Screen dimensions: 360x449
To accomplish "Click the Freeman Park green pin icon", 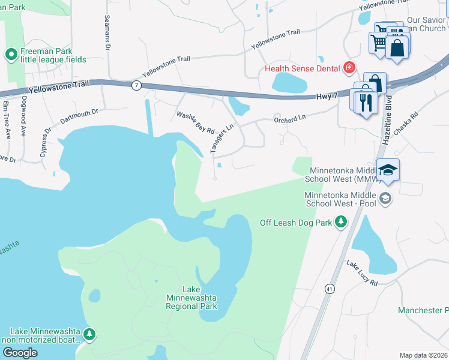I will coord(11,55).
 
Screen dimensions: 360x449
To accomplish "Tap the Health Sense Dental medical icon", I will coord(349,68).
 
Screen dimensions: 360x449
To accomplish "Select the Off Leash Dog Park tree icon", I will coord(341,223).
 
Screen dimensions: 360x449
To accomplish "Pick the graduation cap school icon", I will coord(388,172).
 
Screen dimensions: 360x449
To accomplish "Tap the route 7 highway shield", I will coord(137,86).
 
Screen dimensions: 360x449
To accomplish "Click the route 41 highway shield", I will coord(330,289).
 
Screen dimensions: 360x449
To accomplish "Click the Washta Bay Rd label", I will coord(195,122).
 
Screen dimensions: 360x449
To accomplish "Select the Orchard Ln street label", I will coord(290,119).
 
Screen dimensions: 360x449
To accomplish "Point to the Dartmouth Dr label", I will coord(79,116).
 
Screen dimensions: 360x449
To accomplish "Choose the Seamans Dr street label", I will coord(108,32).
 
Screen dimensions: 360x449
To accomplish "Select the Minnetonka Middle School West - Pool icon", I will coord(384,198).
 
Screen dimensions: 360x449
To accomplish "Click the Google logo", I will coord(20,352).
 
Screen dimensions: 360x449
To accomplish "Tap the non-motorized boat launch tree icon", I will coord(89,334).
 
